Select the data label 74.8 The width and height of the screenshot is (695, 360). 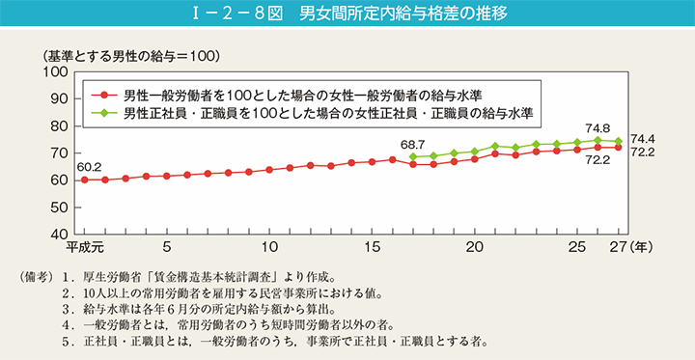pos(598,126)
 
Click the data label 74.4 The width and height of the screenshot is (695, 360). pos(644,138)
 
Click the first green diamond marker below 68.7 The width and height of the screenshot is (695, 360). pos(413,156)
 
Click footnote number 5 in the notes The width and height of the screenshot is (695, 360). pos(65,341)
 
